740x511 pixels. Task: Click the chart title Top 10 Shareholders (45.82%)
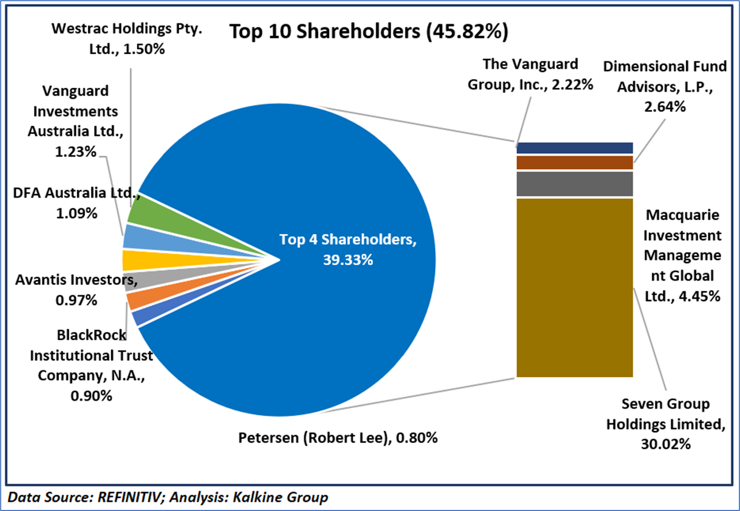(368, 31)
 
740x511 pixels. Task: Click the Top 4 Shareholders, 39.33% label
(348, 249)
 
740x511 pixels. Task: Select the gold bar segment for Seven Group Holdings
(574, 287)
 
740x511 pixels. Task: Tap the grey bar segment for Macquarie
(574, 184)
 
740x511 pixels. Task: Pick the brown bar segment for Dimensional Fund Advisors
(574, 162)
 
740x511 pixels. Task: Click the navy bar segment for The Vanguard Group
(574, 148)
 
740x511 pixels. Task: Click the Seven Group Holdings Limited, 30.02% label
(665, 424)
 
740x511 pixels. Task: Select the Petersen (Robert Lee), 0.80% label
(338, 437)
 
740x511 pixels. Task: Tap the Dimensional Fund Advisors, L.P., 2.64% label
(665, 86)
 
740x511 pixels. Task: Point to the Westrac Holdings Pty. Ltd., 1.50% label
(127, 38)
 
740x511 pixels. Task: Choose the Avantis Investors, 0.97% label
(76, 290)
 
